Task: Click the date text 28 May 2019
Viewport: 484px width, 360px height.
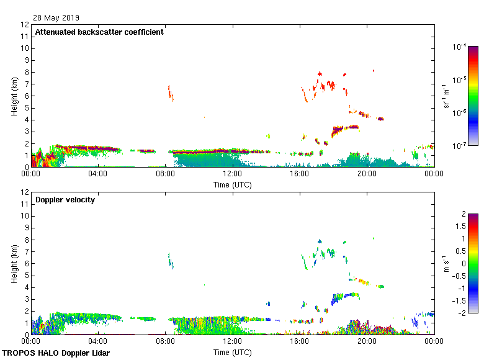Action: (x=56, y=18)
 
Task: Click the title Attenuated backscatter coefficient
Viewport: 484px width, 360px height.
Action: (x=99, y=32)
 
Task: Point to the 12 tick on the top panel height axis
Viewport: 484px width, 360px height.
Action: (x=25, y=25)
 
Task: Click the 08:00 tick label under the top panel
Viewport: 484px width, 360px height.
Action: (x=165, y=173)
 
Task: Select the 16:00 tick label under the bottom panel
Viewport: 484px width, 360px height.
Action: (x=300, y=341)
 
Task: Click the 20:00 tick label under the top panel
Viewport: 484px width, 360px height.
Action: (x=367, y=173)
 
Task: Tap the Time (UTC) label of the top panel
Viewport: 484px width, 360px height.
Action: (x=233, y=184)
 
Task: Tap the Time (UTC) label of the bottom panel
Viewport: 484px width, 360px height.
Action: (x=233, y=352)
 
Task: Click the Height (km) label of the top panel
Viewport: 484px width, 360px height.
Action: (x=14, y=96)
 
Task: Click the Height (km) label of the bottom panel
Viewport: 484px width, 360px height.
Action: (x=14, y=264)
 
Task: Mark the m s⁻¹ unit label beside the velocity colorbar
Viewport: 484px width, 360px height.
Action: (x=446, y=263)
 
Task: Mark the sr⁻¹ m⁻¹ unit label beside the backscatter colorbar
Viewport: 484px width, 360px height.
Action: (x=447, y=96)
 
